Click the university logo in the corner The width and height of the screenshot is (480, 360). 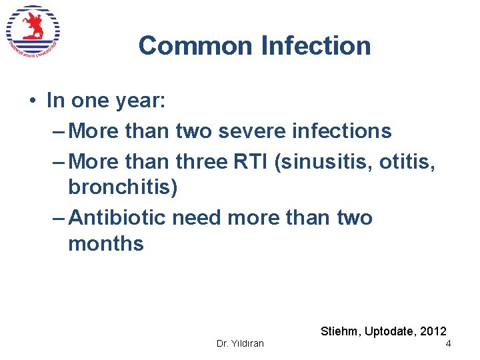click(33, 32)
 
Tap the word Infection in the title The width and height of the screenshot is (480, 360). click(316, 46)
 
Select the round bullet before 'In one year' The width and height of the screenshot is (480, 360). click(32, 101)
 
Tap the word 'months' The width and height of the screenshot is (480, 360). click(106, 243)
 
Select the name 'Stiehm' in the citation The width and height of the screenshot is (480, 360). click(341, 331)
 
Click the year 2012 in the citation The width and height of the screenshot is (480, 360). click(433, 331)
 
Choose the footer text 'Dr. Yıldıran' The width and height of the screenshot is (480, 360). click(240, 343)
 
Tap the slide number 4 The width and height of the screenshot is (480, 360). click(448, 343)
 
